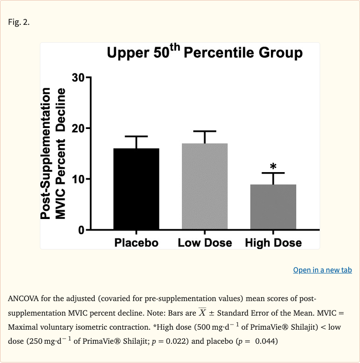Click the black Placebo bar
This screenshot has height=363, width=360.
coord(136,189)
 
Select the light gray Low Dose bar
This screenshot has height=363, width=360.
coord(205,186)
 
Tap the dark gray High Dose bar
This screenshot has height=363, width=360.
coord(273,207)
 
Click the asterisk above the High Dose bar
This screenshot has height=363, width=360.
coord(273,166)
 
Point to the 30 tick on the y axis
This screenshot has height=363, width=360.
coord(78,78)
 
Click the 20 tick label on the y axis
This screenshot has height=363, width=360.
coord(78,129)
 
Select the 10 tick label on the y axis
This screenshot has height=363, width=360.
coord(78,179)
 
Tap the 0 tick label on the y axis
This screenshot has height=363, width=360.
coord(82,230)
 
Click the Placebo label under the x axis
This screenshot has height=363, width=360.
coord(136,242)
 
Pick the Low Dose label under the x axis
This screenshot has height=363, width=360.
coord(205,242)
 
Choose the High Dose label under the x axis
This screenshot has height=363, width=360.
coord(273,242)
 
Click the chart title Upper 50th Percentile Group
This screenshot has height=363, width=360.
coord(205,53)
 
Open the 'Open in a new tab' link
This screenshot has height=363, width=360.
coord(322,270)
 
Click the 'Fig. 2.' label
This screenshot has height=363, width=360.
coord(19,22)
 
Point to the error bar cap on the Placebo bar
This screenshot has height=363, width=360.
coord(136,136)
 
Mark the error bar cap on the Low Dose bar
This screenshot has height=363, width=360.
coord(205,131)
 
